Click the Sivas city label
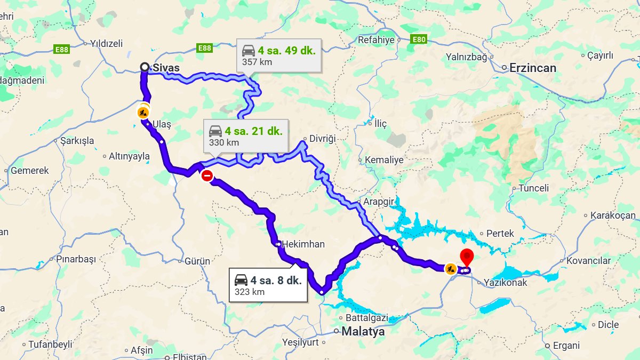click(166, 68)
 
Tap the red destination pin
click(467, 257)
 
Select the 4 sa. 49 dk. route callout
click(279, 55)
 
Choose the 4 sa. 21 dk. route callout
click(245, 135)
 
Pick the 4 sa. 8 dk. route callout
click(268, 285)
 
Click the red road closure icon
click(207, 176)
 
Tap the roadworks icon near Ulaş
click(142, 113)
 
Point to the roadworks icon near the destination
click(451, 268)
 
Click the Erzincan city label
click(532, 68)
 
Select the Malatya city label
click(363, 331)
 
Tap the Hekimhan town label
click(302, 244)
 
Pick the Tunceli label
click(533, 188)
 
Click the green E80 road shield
click(419, 39)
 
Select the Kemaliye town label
click(384, 159)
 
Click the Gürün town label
click(197, 261)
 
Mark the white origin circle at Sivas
click(145, 67)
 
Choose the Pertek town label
click(500, 233)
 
